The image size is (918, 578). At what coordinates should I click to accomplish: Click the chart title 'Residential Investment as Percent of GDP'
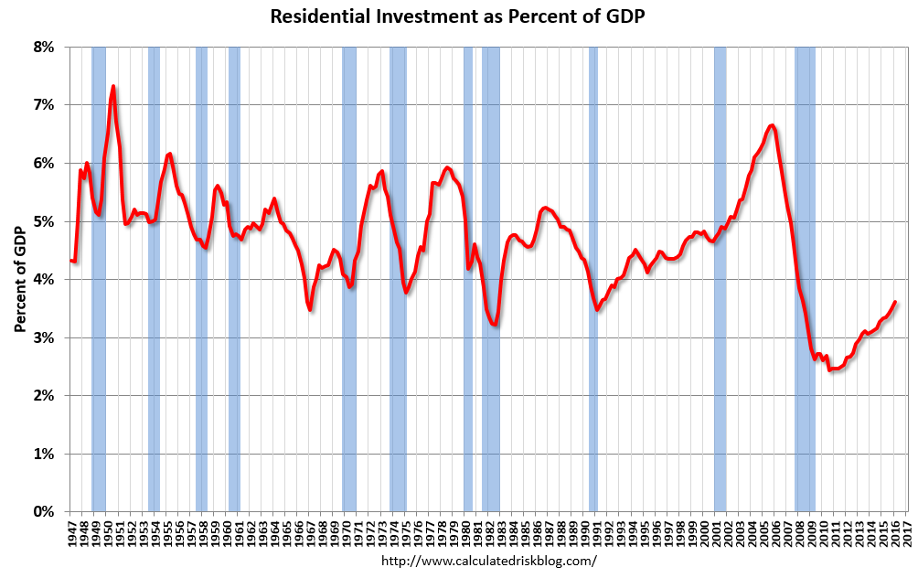click(x=458, y=16)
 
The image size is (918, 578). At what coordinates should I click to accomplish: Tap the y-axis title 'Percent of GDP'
click(x=20, y=279)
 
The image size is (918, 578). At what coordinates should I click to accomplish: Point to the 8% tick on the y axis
click(x=45, y=47)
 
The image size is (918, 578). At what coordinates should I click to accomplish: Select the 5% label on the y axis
click(x=45, y=221)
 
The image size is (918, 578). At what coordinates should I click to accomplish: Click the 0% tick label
click(x=45, y=512)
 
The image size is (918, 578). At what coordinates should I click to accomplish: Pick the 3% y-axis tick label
click(x=45, y=337)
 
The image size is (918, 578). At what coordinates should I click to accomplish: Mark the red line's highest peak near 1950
click(x=112, y=87)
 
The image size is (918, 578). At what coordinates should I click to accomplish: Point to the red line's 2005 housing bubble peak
click(x=773, y=125)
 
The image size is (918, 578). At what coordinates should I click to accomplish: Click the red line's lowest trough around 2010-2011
click(x=830, y=369)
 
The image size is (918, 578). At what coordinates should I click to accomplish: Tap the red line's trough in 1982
click(x=495, y=325)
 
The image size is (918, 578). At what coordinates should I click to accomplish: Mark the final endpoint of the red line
click(x=894, y=302)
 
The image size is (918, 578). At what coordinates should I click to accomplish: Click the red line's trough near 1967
click(x=311, y=309)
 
